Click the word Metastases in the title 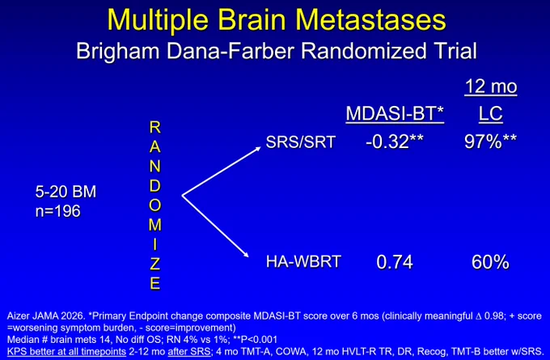[x=370, y=19]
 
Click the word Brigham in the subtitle [x=118, y=52]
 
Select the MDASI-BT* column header [x=395, y=114]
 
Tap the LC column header [x=491, y=114]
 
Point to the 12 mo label [x=491, y=87]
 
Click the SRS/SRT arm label [x=301, y=142]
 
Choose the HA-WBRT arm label [x=303, y=262]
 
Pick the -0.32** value [x=395, y=142]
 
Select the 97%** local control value [x=490, y=142]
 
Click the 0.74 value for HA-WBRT [x=395, y=262]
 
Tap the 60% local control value [x=490, y=262]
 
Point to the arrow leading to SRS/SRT [x=222, y=172]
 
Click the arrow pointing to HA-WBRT [x=215, y=227]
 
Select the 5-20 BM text [x=66, y=192]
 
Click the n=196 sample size [x=58, y=211]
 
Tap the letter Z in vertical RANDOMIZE [x=155, y=264]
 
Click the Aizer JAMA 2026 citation [x=45, y=316]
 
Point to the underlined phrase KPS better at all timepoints [x=66, y=351]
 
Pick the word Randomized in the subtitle [x=362, y=52]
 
